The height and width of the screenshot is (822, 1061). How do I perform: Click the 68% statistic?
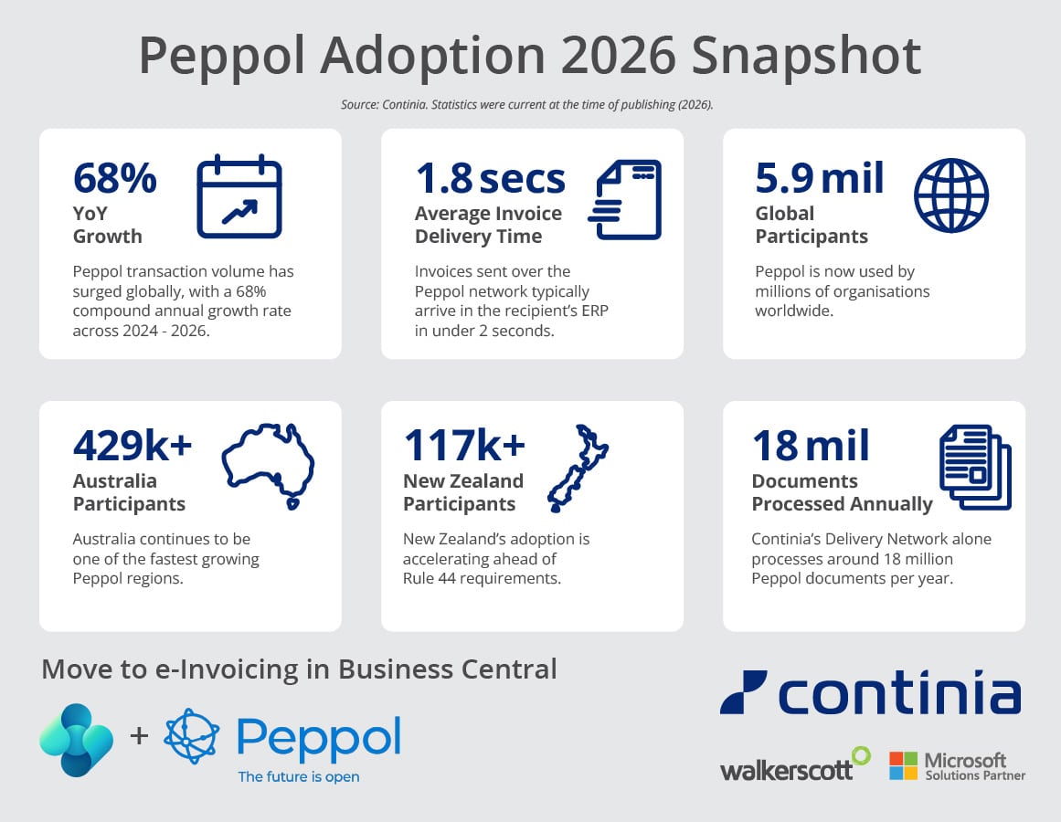click(x=115, y=178)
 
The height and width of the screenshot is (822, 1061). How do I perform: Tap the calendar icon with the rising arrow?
click(x=239, y=196)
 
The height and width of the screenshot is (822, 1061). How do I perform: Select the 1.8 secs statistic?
click(x=490, y=178)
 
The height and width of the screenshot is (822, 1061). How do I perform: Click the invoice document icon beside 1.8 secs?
click(x=625, y=199)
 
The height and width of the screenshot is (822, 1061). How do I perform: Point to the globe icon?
click(x=951, y=196)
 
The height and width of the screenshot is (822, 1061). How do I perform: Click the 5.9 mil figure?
click(x=820, y=178)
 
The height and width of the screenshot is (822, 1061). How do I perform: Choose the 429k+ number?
click(x=133, y=445)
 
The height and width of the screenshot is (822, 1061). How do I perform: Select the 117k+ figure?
click(x=464, y=445)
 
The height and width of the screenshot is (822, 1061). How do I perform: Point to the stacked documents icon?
click(x=975, y=467)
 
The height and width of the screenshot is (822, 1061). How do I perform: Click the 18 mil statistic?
click(x=811, y=445)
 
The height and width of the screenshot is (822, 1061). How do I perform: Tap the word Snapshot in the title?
click(x=806, y=57)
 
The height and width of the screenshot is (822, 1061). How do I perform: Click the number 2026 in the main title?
click(x=618, y=56)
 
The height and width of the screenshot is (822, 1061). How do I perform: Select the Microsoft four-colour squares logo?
click(x=903, y=765)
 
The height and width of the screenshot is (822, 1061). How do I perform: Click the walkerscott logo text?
click(x=786, y=770)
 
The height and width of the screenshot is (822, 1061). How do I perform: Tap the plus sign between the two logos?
click(x=139, y=735)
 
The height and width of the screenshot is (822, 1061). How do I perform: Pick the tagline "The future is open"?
click(x=299, y=776)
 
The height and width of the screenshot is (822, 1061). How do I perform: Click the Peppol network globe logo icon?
click(x=192, y=736)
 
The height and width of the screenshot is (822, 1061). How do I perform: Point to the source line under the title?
click(x=527, y=105)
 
